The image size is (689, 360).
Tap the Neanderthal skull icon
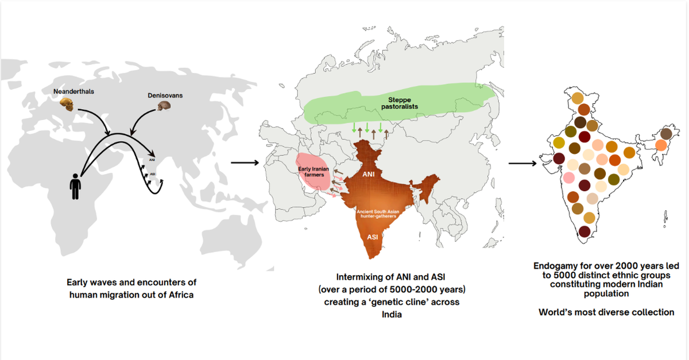tap(68, 105)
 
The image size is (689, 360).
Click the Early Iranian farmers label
tap(312, 171)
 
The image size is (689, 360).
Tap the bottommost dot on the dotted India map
tap(585, 231)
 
